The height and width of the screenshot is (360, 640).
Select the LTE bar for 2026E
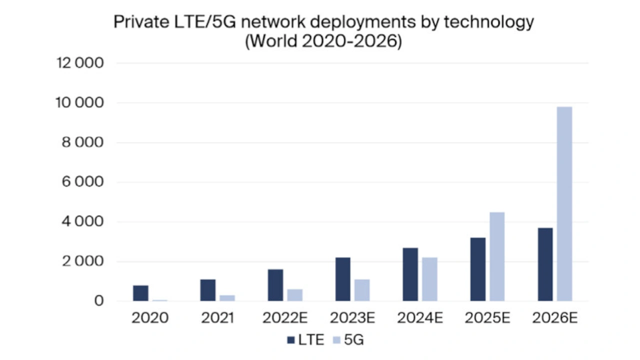click(545, 264)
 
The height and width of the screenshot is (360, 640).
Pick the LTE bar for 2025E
click(478, 269)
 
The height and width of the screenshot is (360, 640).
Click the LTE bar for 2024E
click(410, 274)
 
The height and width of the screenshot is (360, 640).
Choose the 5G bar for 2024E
click(429, 279)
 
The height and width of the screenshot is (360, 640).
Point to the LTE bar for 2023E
click(343, 279)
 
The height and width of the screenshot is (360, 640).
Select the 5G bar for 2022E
click(295, 295)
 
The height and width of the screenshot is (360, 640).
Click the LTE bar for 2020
click(141, 293)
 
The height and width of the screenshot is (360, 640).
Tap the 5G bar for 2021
click(227, 298)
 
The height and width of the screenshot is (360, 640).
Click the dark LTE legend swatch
click(291, 340)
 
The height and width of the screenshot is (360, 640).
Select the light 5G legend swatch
click(337, 340)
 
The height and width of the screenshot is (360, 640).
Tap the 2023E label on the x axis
click(352, 318)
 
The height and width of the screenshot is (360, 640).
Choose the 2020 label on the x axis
click(150, 318)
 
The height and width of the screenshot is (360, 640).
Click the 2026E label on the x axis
click(555, 318)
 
